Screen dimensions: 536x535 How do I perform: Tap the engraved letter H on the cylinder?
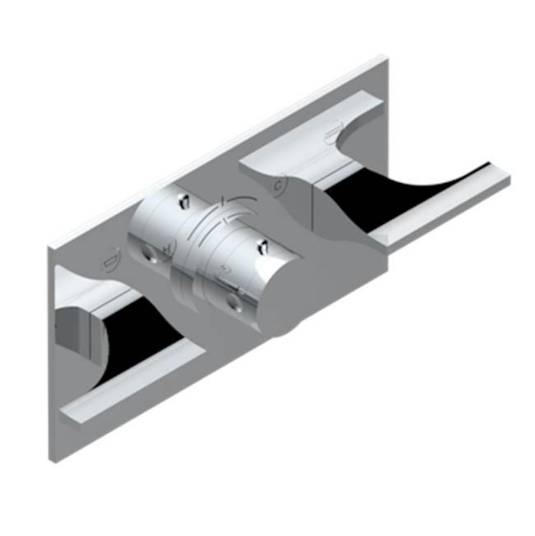[x=167, y=248]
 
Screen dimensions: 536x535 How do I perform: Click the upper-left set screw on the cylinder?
[x=181, y=202]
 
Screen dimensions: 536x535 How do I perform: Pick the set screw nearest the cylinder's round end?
[x=263, y=247]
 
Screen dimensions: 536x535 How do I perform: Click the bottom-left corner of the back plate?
[x=57, y=461]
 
